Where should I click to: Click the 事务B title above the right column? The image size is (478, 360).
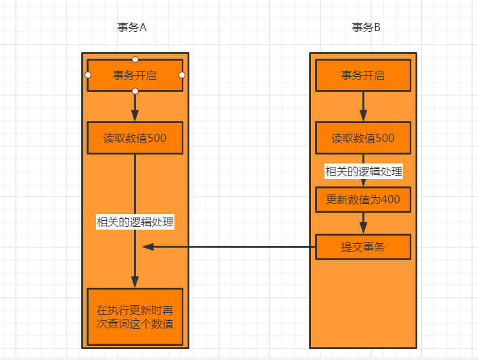366,28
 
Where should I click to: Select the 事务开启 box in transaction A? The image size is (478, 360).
135,75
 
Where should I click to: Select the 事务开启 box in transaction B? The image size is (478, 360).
363,75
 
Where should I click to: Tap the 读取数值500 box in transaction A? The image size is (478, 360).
135,138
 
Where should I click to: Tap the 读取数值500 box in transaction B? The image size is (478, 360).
363,138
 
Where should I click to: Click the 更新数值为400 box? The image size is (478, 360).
363,199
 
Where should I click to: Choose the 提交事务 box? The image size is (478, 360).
363,247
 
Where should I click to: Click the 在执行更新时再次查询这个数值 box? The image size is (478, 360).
135,316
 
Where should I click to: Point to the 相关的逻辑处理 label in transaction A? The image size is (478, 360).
135,222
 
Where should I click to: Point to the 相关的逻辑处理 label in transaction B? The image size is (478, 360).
363,172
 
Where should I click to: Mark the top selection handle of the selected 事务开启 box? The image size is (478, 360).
135,59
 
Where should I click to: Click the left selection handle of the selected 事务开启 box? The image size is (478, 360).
88,75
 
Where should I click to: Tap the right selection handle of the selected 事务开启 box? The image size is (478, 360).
182,75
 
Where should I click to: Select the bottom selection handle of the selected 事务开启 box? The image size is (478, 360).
135,91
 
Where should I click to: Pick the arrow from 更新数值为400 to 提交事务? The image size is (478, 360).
363,222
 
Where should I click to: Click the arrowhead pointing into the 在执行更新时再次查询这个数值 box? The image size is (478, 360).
135,282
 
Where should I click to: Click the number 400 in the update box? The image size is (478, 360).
390,199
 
